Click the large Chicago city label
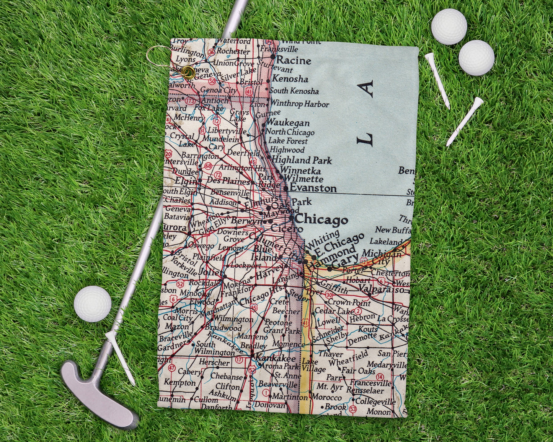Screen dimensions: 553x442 coord(321,220)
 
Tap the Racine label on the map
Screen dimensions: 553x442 coord(294,60)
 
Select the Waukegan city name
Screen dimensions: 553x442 coord(288,123)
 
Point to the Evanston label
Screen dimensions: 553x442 coord(313,188)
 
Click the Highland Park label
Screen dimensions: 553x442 coord(302,160)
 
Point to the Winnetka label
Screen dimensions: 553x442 coord(300,171)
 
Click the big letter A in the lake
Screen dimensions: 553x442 coord(368,89)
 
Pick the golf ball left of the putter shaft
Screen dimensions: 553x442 coord(93,304)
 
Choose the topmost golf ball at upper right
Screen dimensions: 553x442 coord(449,27)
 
